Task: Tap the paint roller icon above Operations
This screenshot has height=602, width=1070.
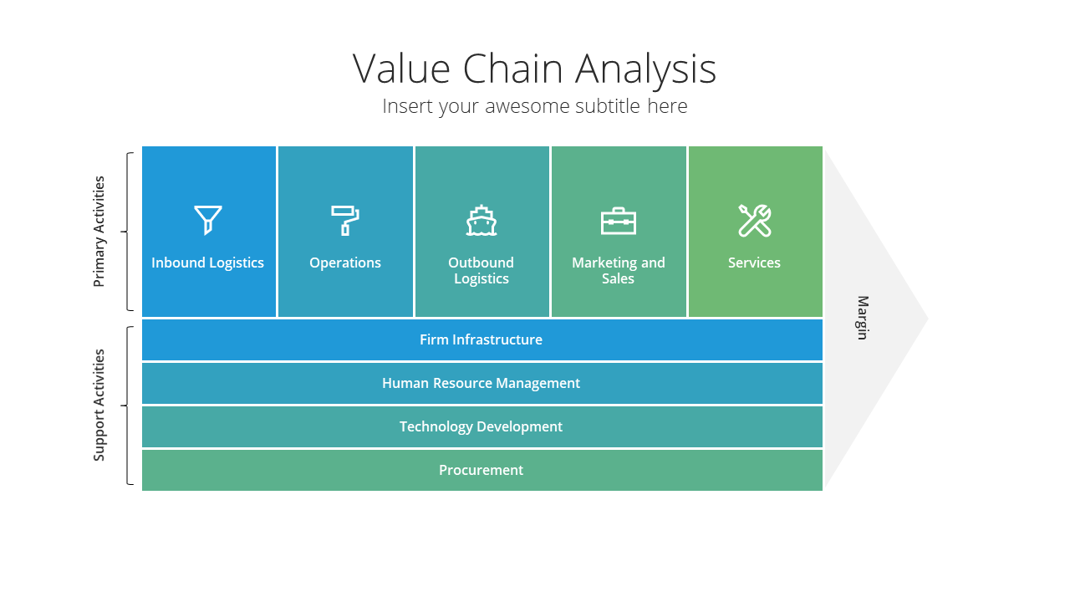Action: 345,220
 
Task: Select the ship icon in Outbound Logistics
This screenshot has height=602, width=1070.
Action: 481,220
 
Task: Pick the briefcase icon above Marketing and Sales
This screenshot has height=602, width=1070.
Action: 618,221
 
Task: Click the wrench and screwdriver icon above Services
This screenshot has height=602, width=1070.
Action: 755,221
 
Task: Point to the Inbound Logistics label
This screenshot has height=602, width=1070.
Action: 208,263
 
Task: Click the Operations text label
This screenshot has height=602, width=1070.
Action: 345,263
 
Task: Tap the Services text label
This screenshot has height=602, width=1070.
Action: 754,263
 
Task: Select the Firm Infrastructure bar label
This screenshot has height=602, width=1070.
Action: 481,339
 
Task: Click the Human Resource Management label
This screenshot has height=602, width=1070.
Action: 481,383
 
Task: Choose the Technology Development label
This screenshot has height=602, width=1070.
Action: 481,426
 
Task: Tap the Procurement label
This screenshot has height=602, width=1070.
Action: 481,470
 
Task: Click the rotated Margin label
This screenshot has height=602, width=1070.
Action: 863,318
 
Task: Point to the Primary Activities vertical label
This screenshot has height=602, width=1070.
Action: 99,232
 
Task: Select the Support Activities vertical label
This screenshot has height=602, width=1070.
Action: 99,406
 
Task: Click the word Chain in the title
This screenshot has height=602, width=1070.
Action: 512,69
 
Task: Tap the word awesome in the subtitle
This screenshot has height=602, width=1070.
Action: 527,106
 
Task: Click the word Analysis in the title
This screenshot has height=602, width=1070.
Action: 646,71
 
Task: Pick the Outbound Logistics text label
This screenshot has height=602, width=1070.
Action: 481,270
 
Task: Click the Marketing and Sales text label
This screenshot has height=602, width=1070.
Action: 618,270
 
